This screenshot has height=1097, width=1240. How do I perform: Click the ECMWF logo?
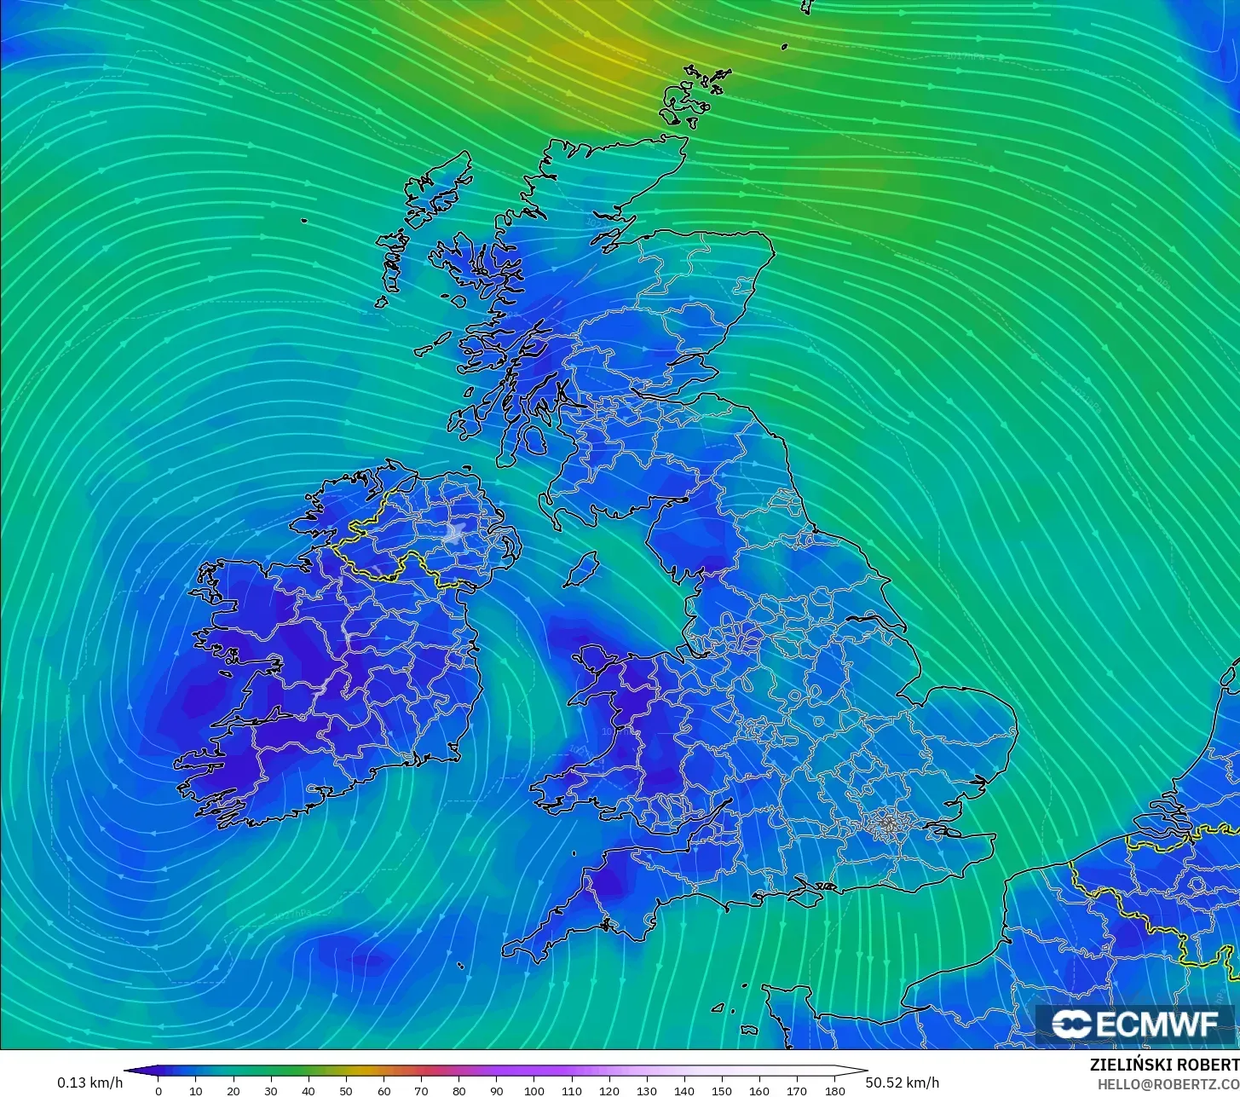pos(1135,1024)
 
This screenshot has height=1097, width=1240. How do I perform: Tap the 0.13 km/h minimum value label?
pos(90,1083)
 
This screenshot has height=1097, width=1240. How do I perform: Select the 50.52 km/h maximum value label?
pos(903,1083)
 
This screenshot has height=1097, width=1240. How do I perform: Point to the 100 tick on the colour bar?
pos(534,1091)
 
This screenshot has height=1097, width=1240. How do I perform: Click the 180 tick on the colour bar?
pos(835,1091)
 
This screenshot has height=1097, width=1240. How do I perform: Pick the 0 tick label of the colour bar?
pos(159,1091)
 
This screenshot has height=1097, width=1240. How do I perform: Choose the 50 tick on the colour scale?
pos(346,1091)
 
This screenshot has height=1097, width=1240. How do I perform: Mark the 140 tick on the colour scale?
pos(684,1091)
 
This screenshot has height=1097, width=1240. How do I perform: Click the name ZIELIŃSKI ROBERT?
pos(1164,1065)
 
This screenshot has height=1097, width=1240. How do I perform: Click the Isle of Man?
pos(582,569)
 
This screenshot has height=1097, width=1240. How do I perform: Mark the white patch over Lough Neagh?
pos(453,534)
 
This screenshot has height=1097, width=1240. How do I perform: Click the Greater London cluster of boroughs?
pos(888,824)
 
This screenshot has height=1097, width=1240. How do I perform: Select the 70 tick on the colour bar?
pos(421,1091)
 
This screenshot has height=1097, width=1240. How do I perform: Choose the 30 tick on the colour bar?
pos(271,1091)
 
